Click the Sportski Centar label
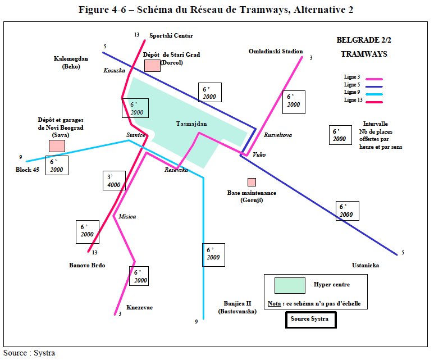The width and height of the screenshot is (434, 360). (x=171, y=36)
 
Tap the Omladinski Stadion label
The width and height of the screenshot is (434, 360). (x=276, y=52)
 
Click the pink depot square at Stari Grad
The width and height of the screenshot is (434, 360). (x=152, y=65)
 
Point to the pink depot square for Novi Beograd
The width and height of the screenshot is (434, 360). (x=57, y=145)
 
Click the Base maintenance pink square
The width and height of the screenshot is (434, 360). (x=252, y=182)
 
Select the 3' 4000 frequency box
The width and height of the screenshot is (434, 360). (x=114, y=180)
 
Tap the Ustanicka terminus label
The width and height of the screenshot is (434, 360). (x=366, y=265)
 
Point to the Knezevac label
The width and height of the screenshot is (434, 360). (x=140, y=307)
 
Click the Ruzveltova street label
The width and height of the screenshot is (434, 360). (x=278, y=135)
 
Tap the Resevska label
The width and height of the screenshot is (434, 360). (x=176, y=170)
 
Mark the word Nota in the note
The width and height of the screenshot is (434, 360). (x=275, y=303)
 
